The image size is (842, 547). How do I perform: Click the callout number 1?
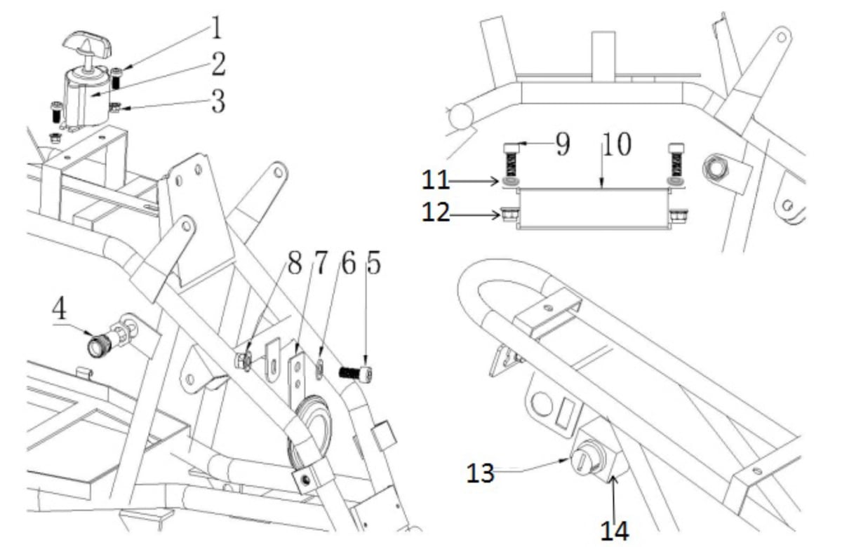point(217,28)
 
